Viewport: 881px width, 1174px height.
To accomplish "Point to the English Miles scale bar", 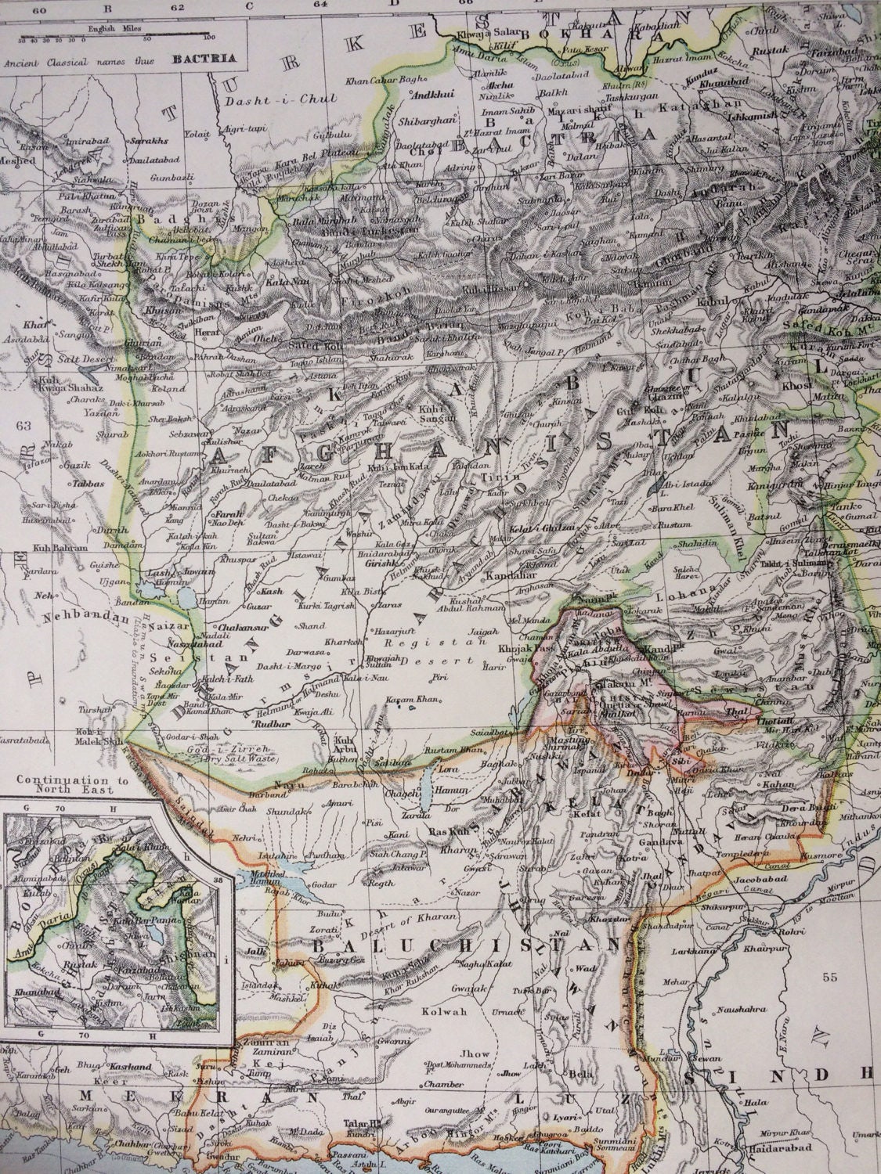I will tap(117, 36).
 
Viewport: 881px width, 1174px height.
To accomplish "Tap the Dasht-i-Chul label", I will tap(281, 100).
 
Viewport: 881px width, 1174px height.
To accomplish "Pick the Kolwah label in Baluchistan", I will tap(448, 1012).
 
